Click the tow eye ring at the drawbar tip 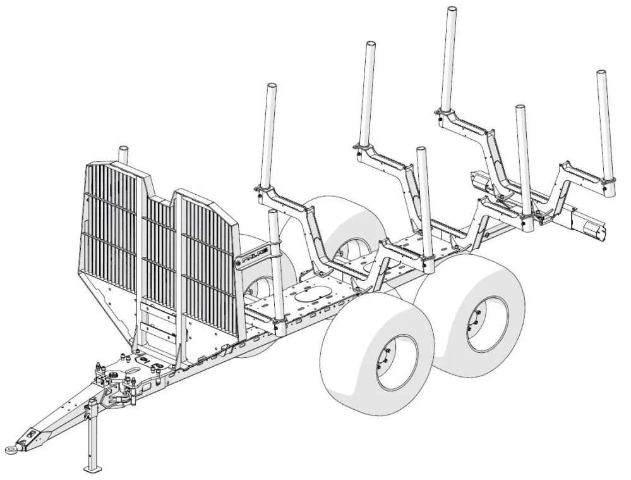[12, 449]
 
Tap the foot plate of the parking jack [93, 469]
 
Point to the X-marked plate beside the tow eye [30, 436]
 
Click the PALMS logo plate [252, 257]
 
